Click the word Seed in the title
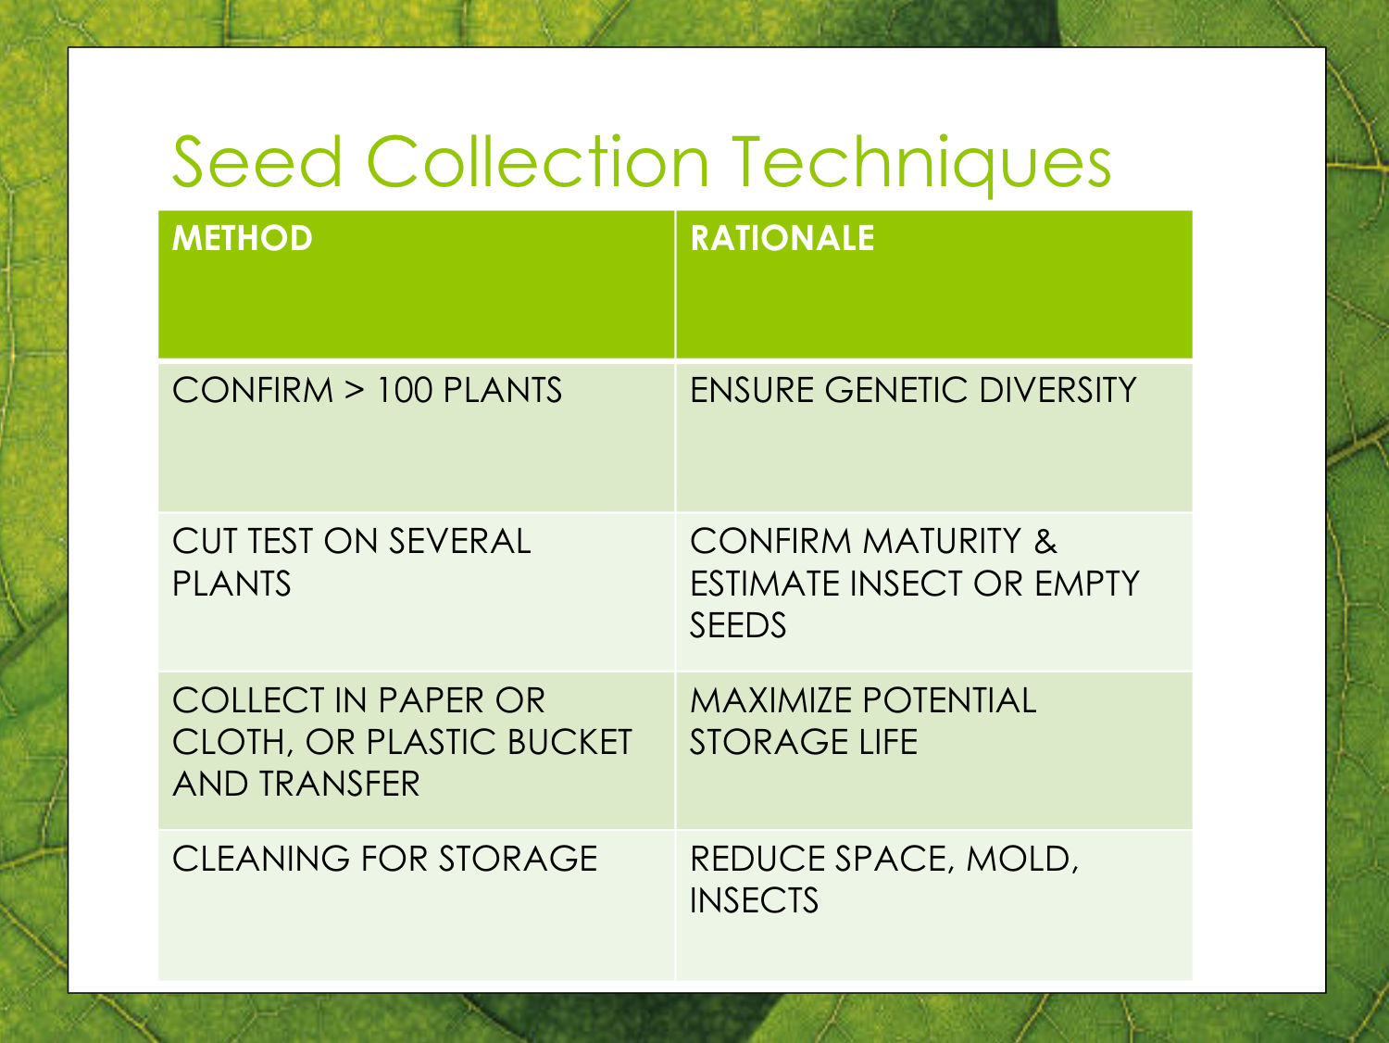pos(257,161)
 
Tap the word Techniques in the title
pos(921,165)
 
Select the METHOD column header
pos(243,238)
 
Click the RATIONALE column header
pos(782,238)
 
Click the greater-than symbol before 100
pos(355,391)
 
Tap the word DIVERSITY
pos(1058,390)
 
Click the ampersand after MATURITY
pos(1045,541)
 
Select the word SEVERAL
pos(459,541)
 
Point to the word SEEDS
pos(738,624)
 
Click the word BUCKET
pos(569,742)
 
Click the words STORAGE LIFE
pos(804,742)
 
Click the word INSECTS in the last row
pos(755,900)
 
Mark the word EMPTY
pos(1086,583)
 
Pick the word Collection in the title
pos(538,161)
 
